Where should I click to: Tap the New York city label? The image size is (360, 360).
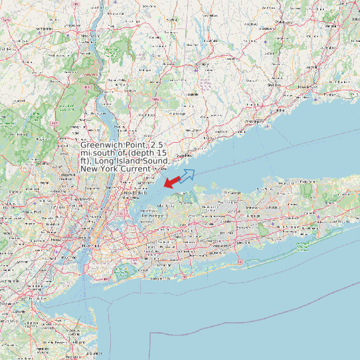click(86, 245)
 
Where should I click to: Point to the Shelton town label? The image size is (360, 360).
click(274, 86)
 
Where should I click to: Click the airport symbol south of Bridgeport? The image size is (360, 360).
click(264, 123)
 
